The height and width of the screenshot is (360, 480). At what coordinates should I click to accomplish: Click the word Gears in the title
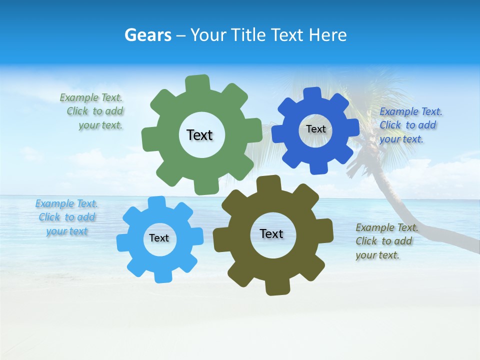(147, 35)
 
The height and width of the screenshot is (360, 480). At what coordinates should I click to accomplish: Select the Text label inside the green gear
(199, 135)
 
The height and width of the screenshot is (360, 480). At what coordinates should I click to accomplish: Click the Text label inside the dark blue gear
(315, 129)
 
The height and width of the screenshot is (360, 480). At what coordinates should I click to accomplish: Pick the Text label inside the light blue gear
(159, 238)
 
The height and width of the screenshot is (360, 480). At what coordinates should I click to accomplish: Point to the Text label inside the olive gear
(271, 233)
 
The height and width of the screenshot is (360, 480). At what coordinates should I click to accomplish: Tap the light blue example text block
(67, 217)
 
